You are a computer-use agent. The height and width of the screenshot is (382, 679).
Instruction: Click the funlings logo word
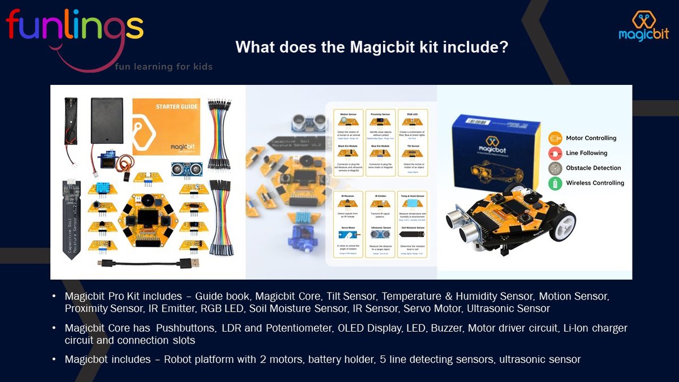pos(74,28)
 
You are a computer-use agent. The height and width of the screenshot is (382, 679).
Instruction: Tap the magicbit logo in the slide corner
pos(643,27)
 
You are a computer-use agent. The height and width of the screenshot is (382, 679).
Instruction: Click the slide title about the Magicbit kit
pos(371,47)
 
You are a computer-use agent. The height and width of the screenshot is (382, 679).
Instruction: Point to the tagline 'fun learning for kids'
pos(164,67)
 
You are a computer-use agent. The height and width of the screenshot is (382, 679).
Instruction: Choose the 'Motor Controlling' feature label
pos(591,138)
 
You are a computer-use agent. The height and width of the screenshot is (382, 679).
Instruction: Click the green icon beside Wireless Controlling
pos(555,183)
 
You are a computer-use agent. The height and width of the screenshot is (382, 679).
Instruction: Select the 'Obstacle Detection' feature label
pos(594,168)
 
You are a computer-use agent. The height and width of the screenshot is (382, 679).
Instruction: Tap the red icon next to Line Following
pos(555,153)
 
